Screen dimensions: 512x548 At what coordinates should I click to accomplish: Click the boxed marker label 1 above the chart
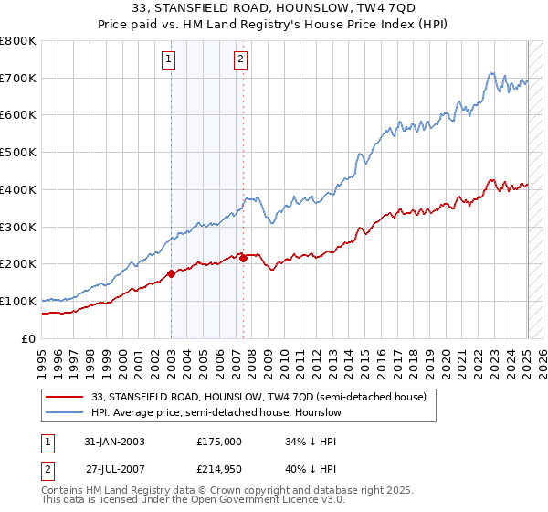pyautogui.click(x=170, y=60)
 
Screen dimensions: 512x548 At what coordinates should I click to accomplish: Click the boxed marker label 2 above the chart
pyautogui.click(x=240, y=60)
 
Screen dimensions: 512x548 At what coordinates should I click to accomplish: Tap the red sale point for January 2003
pyautogui.click(x=171, y=272)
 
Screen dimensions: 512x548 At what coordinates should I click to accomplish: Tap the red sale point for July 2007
pyautogui.click(x=243, y=258)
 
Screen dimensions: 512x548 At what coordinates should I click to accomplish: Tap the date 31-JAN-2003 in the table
pyautogui.click(x=114, y=442)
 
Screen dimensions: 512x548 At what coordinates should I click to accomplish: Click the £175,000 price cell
pyautogui.click(x=219, y=442)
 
